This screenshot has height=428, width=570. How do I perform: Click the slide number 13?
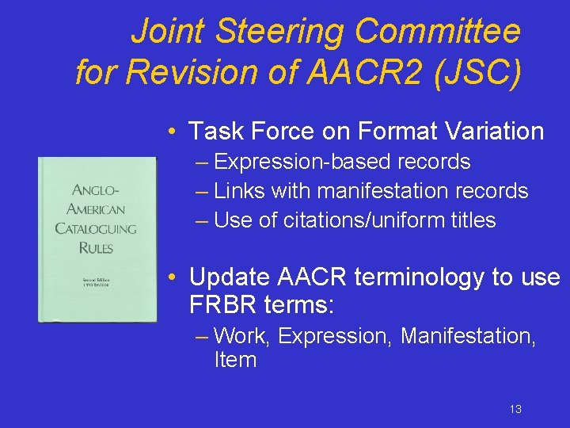[x=515, y=409]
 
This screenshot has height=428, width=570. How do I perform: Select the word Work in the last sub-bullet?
[x=243, y=336]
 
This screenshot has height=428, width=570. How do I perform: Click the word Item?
[x=235, y=360]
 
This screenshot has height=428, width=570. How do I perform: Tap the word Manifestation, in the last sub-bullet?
[x=468, y=336]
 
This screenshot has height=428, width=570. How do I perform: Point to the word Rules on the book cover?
[x=95, y=247]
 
